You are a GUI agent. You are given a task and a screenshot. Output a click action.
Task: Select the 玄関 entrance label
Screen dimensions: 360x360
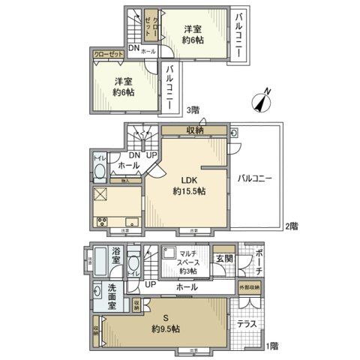[x=223, y=259]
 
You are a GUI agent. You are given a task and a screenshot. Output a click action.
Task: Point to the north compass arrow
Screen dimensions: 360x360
[x=262, y=99]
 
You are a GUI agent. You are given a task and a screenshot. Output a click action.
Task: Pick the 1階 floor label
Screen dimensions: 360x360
[x=271, y=346]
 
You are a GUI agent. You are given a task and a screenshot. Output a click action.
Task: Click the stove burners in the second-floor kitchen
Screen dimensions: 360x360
[x=102, y=220]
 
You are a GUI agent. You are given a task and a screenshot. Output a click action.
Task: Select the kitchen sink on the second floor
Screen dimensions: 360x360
[x=130, y=220]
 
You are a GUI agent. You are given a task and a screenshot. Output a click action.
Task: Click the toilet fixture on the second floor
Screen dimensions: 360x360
[x=98, y=172]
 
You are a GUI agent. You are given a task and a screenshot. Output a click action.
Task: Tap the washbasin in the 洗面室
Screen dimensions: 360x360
[x=97, y=291]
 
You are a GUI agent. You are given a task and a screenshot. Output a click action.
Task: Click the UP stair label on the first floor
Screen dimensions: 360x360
[x=150, y=286]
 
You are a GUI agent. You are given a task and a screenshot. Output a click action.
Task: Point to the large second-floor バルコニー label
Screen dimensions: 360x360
[x=256, y=178]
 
